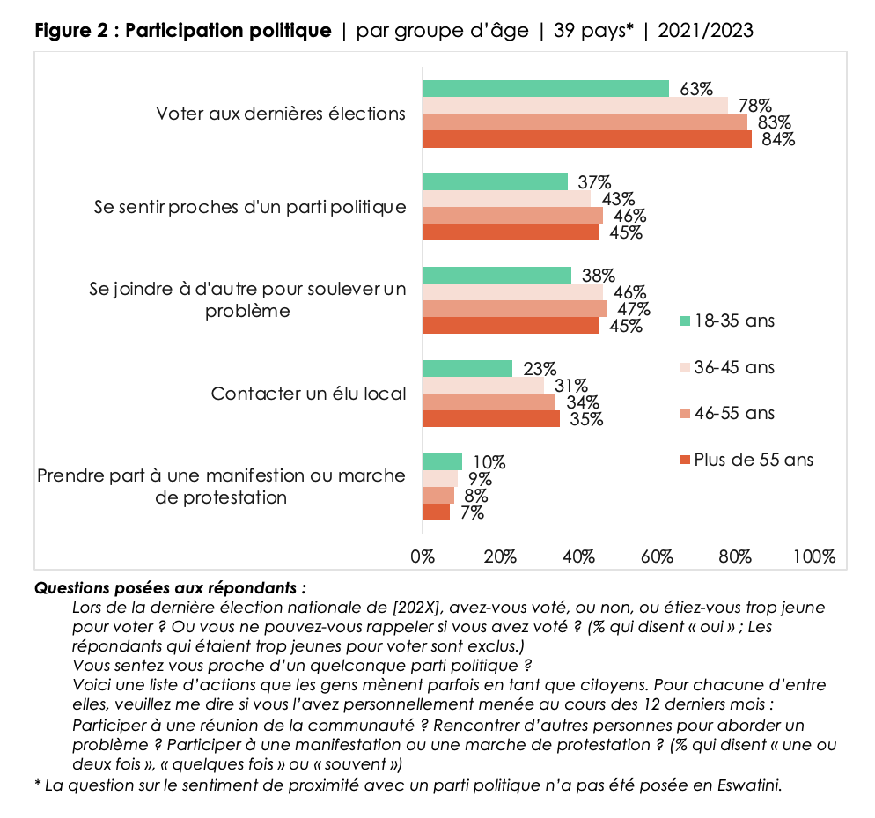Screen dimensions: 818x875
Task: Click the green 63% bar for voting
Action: [546, 88]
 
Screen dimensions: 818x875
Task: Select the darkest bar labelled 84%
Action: [587, 139]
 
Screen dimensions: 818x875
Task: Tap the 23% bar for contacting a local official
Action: [467, 368]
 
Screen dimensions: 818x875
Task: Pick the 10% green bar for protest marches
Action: [443, 461]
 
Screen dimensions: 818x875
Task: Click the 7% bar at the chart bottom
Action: [437, 512]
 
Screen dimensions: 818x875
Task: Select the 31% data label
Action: [571, 386]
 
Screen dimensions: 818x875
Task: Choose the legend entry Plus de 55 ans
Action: [753, 460]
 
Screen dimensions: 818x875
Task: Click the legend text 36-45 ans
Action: [735, 367]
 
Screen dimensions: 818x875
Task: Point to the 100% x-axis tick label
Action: [813, 556]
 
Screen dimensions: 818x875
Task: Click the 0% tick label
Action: [423, 556]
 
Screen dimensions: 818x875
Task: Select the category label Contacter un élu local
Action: [308, 394]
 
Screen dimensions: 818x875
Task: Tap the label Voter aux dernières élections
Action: [281, 114]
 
